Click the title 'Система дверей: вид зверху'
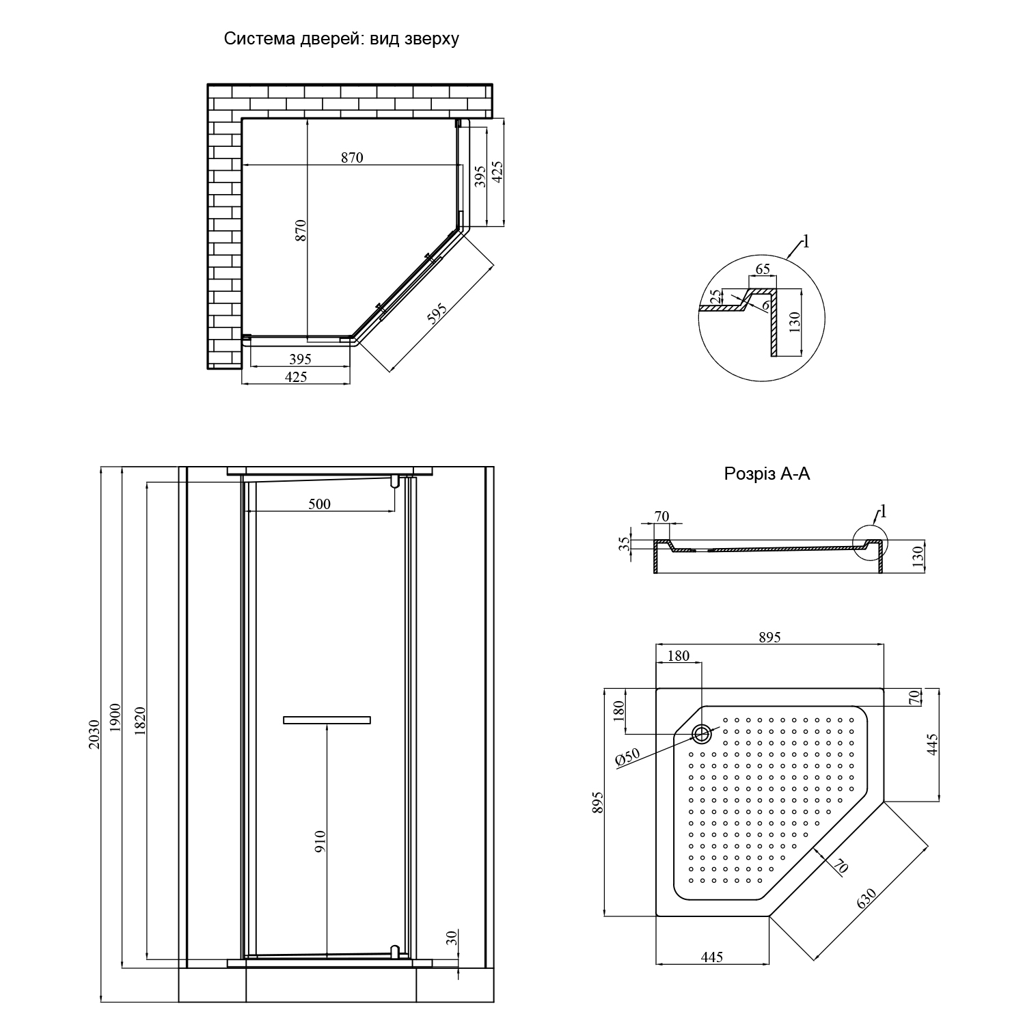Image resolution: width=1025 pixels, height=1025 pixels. [342, 39]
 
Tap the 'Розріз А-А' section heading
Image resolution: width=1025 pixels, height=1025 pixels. [767, 474]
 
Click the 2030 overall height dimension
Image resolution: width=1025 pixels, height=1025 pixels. [94, 735]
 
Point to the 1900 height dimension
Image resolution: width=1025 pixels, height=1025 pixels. [115, 717]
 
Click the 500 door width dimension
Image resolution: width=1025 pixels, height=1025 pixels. [319, 504]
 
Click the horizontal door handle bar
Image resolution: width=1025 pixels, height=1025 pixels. [327, 720]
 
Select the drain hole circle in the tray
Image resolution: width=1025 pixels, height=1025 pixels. [702, 735]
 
